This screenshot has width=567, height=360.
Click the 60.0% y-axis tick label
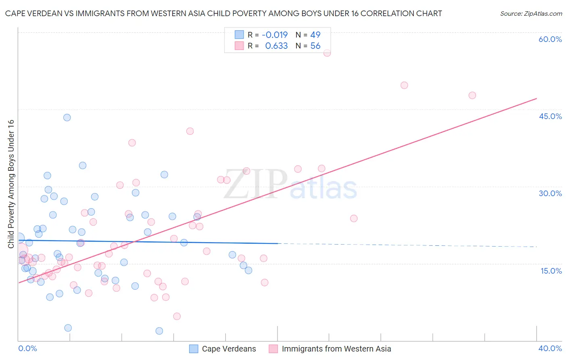coord(550,39)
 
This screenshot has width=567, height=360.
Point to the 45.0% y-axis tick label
coord(550,116)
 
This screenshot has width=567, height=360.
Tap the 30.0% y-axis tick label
coord(550,193)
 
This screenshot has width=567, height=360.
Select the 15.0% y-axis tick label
coord(551,271)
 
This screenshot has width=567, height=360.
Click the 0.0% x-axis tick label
coord(28,348)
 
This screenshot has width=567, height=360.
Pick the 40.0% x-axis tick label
coord(550,348)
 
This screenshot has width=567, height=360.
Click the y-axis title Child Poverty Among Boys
coord(11,184)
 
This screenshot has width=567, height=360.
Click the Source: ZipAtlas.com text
coord(531,14)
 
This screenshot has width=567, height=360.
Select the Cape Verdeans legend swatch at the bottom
coord(194,349)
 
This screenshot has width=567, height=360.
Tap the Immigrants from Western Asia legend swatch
coord(273,349)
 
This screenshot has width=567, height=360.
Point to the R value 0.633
coord(276,46)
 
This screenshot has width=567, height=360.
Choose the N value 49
coord(315,35)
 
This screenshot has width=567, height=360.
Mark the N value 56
coord(315,46)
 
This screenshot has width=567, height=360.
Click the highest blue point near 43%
coord(67,117)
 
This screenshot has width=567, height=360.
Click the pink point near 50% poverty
coord(404,85)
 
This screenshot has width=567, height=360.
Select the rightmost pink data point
coord(472,95)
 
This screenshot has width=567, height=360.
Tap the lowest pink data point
coord(177,316)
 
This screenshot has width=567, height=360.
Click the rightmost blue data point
coord(248,270)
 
